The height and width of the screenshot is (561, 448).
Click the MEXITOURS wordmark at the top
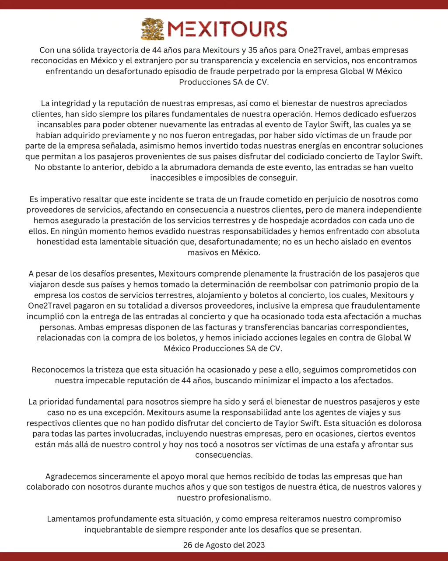pyautogui.click(x=227, y=29)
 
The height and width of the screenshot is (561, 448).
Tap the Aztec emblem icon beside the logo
pyautogui.click(x=153, y=29)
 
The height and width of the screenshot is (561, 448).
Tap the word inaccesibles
pyautogui.click(x=172, y=178)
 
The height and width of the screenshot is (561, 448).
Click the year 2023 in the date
pyautogui.click(x=255, y=545)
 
